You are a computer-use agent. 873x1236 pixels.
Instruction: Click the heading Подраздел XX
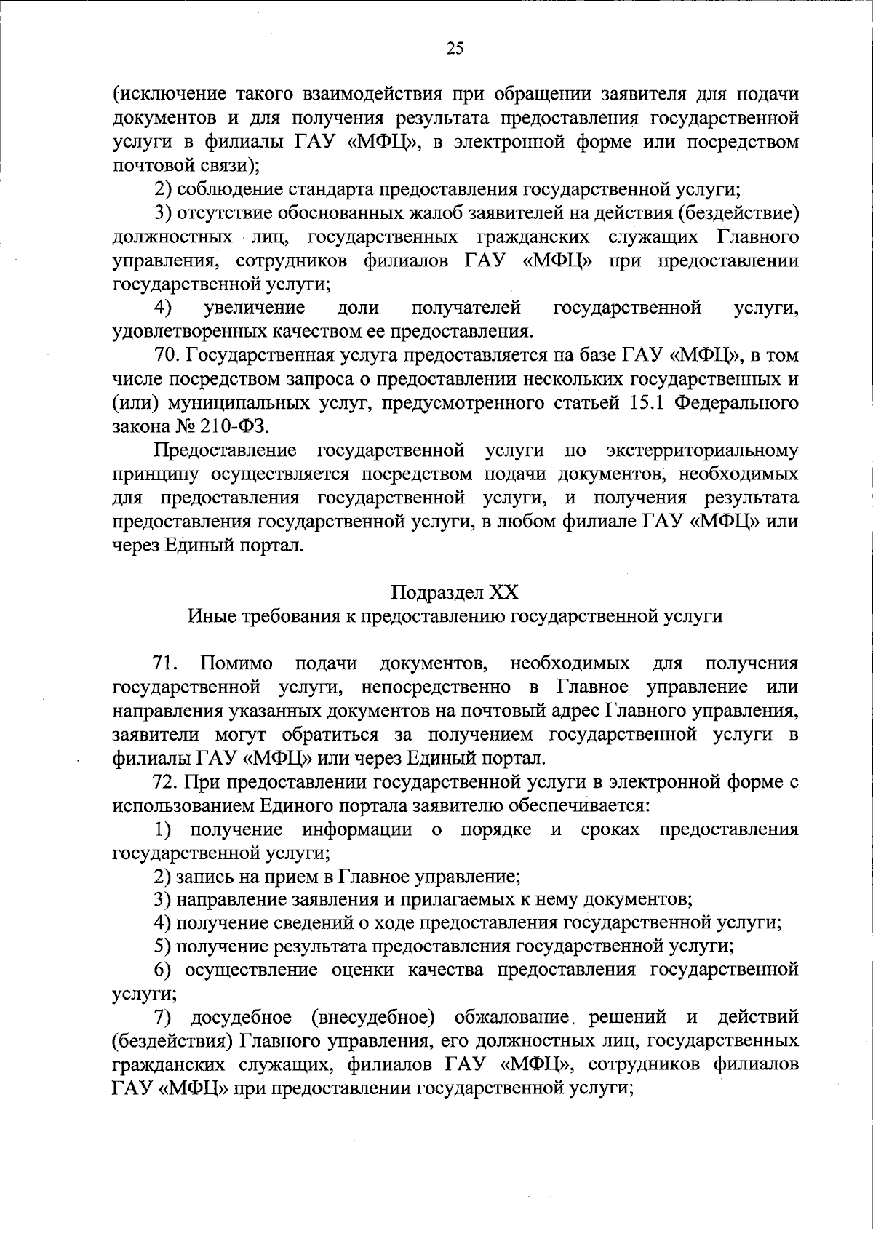(x=455, y=591)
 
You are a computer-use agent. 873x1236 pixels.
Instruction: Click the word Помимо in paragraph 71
(x=237, y=663)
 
